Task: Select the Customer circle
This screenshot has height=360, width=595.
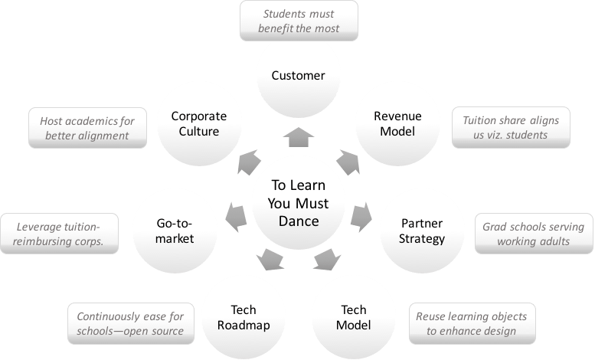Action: point(298,75)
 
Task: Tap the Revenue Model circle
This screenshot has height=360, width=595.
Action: point(394,124)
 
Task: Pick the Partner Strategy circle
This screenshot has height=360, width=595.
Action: point(422,231)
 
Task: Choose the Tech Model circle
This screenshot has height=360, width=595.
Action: point(354,317)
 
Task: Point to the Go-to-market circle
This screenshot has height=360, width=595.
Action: point(174,231)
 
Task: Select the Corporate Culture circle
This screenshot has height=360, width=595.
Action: point(199,124)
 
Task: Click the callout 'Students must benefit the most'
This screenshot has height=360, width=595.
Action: point(298,21)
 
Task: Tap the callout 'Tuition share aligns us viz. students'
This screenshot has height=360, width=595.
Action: point(510,127)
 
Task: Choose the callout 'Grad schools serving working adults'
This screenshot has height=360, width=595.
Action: point(533,234)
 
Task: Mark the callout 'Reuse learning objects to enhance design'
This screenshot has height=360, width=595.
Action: point(471,323)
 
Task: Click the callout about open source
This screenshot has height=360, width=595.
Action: point(124,323)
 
